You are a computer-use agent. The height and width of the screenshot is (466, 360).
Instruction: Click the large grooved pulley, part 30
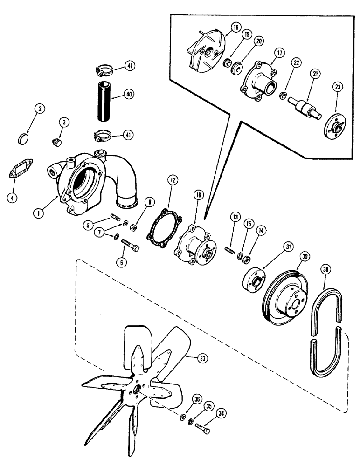284,303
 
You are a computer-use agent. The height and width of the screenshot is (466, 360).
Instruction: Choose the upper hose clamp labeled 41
105,70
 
